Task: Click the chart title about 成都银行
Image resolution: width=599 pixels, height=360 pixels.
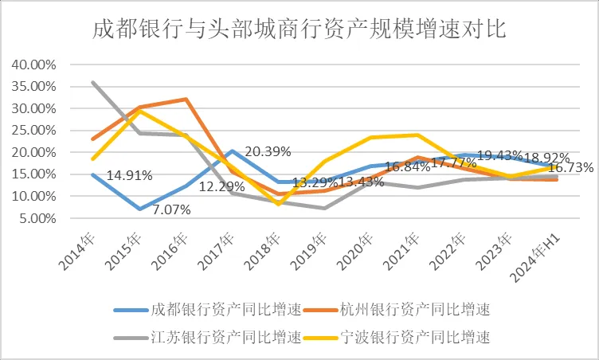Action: click(x=299, y=29)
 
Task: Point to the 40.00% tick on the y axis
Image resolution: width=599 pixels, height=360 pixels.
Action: click(x=34, y=65)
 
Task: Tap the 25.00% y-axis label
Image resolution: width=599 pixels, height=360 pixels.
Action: click(x=34, y=131)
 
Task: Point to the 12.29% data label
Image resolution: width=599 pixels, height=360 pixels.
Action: click(x=215, y=186)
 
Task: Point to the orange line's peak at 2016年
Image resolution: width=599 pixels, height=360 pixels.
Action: click(x=186, y=99)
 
